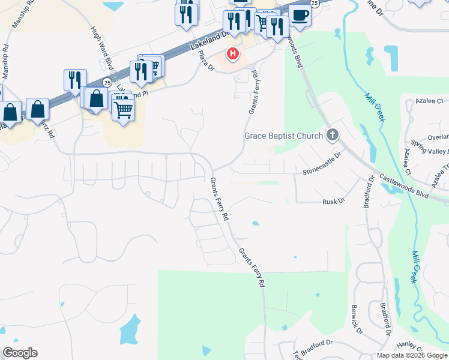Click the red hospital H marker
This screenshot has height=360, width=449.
[232, 55]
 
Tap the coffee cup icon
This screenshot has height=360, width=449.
[300, 16]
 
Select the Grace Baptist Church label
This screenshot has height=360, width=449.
[283, 136]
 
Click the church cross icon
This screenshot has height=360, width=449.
[332, 135]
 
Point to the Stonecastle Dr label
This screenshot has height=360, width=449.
[322, 171]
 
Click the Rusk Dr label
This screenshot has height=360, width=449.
[333, 202]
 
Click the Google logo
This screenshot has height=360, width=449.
[20, 353]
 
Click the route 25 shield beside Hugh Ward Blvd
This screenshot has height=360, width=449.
[107, 82]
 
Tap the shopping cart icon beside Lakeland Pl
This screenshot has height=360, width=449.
[123, 109]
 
